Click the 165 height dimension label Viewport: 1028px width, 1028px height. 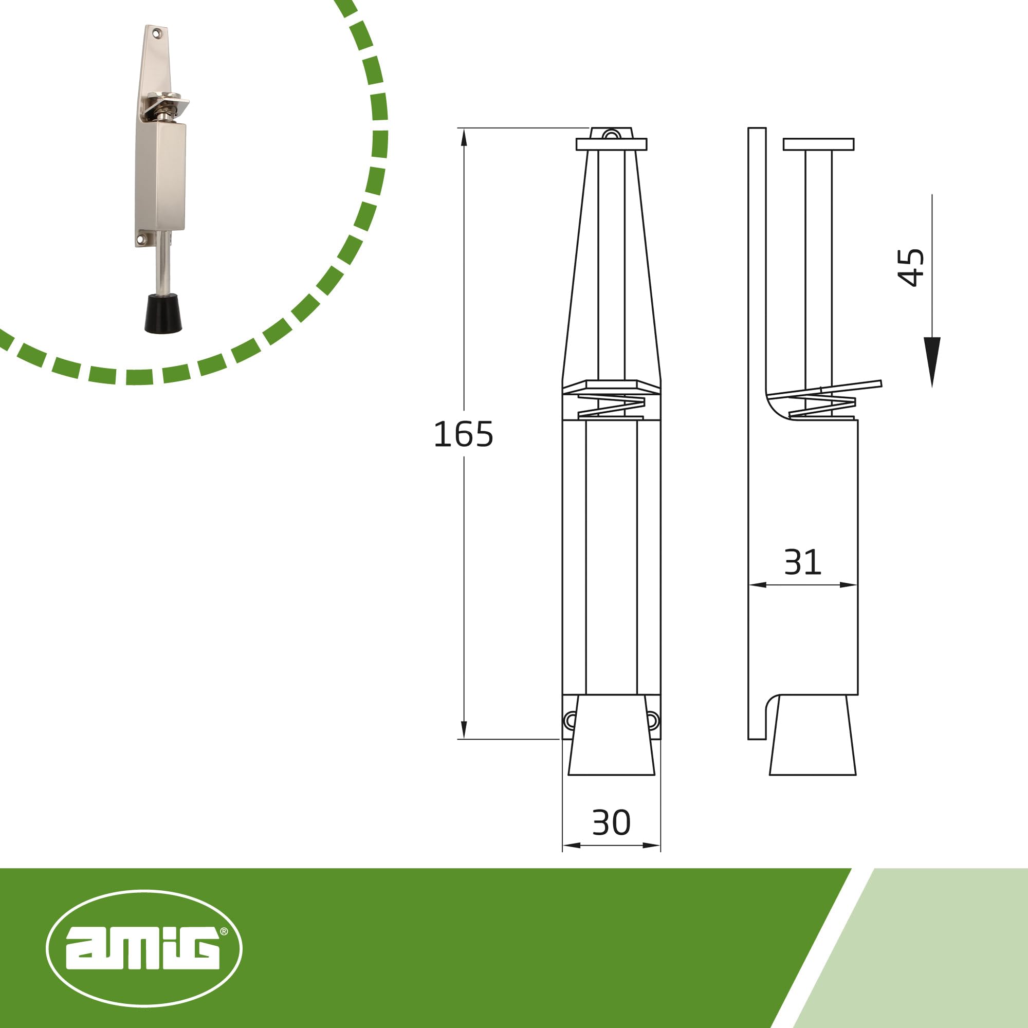(x=464, y=434)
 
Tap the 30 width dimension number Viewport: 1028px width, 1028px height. (x=611, y=822)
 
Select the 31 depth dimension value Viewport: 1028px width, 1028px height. (x=802, y=562)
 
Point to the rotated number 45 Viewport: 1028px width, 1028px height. (x=910, y=267)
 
